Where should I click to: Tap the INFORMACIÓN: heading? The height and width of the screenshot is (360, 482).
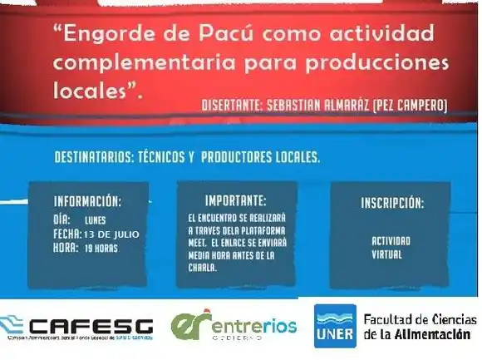point(87,201)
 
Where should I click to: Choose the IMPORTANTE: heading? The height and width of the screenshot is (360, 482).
point(236,200)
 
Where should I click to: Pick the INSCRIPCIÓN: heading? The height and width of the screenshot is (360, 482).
point(391,203)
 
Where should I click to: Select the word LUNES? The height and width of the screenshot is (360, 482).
point(96,221)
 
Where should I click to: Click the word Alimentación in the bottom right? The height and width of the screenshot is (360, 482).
point(430,333)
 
